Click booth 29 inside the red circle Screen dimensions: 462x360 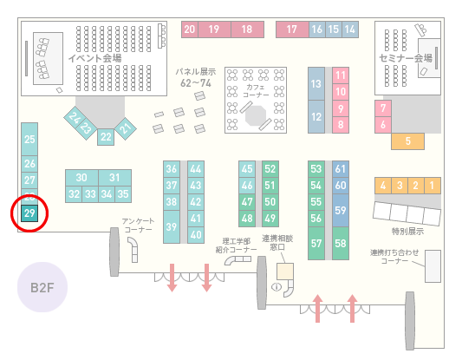pos(29,213)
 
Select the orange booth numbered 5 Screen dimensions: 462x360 pos(407,141)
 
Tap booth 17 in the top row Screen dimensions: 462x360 pos(292,29)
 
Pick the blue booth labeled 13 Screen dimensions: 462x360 pos(316,84)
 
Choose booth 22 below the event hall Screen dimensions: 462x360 pos(106,137)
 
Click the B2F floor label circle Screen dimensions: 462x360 pos(42,287)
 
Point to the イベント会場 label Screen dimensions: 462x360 pos(94,58)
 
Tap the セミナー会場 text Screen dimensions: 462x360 pos(406,58)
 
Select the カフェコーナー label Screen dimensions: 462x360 pos(256,91)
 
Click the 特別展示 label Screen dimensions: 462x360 pos(407,232)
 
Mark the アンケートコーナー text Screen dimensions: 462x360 pos(138,226)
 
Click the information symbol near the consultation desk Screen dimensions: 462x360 pos(277,286)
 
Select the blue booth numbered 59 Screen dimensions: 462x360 pos(341,210)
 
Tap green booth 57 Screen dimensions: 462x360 pos(316,243)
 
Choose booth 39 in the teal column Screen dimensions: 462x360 pos(172,226)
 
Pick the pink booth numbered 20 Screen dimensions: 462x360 pos(190,29)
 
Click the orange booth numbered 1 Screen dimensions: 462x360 pos(433,186)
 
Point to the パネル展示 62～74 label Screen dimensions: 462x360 pos(196,77)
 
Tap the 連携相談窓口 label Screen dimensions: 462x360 pos(277,243)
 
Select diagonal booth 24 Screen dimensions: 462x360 pos(75,118)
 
